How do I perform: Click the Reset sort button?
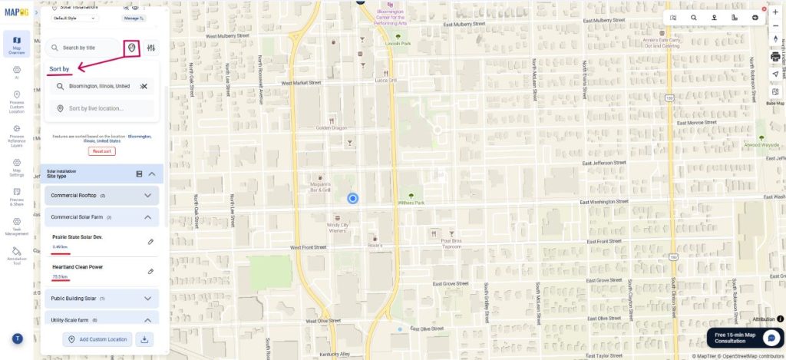(x=102, y=151)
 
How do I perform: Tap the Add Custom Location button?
(x=97, y=339)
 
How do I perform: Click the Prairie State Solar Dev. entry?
(x=78, y=237)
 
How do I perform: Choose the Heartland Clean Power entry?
(x=78, y=267)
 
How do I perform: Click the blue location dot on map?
(x=353, y=199)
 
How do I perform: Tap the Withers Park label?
(x=411, y=203)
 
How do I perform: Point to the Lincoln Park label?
(x=398, y=43)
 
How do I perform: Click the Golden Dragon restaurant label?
(x=332, y=128)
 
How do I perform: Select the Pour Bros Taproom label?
(x=451, y=243)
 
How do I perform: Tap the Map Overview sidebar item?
(x=17, y=45)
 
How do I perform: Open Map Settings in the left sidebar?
(x=17, y=167)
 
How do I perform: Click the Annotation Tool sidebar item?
(x=17, y=255)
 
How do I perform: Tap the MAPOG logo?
(x=16, y=12)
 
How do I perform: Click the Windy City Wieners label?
(x=338, y=227)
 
